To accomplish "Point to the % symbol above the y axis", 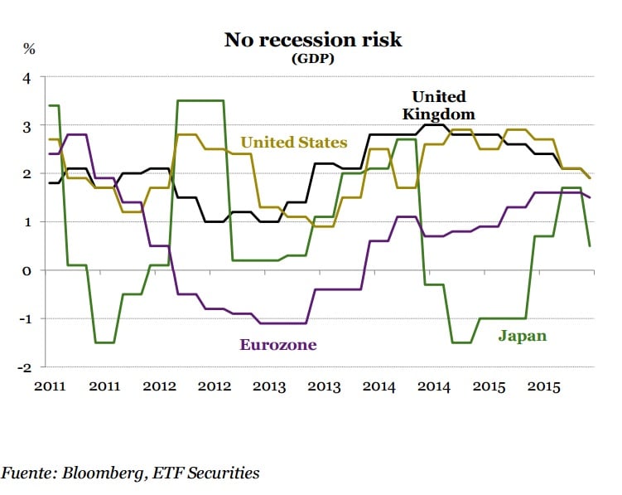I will (x=29, y=48).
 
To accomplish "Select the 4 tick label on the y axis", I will (x=27, y=78).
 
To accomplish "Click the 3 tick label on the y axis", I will (x=27, y=126).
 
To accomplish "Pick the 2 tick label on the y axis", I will (x=27, y=174).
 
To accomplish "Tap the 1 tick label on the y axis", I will (x=27, y=222).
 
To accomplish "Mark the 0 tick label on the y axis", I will (x=27, y=270).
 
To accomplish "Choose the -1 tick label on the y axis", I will (x=25, y=318).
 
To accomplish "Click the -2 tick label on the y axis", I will (x=25, y=366).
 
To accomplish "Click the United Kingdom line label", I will (x=439, y=105).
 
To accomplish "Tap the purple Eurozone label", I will (x=278, y=344).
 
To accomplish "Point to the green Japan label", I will (x=522, y=336).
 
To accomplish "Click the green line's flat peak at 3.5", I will (x=200, y=100).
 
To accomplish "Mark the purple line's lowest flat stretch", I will (x=282, y=323).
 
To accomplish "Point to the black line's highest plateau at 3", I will (x=435, y=125).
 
